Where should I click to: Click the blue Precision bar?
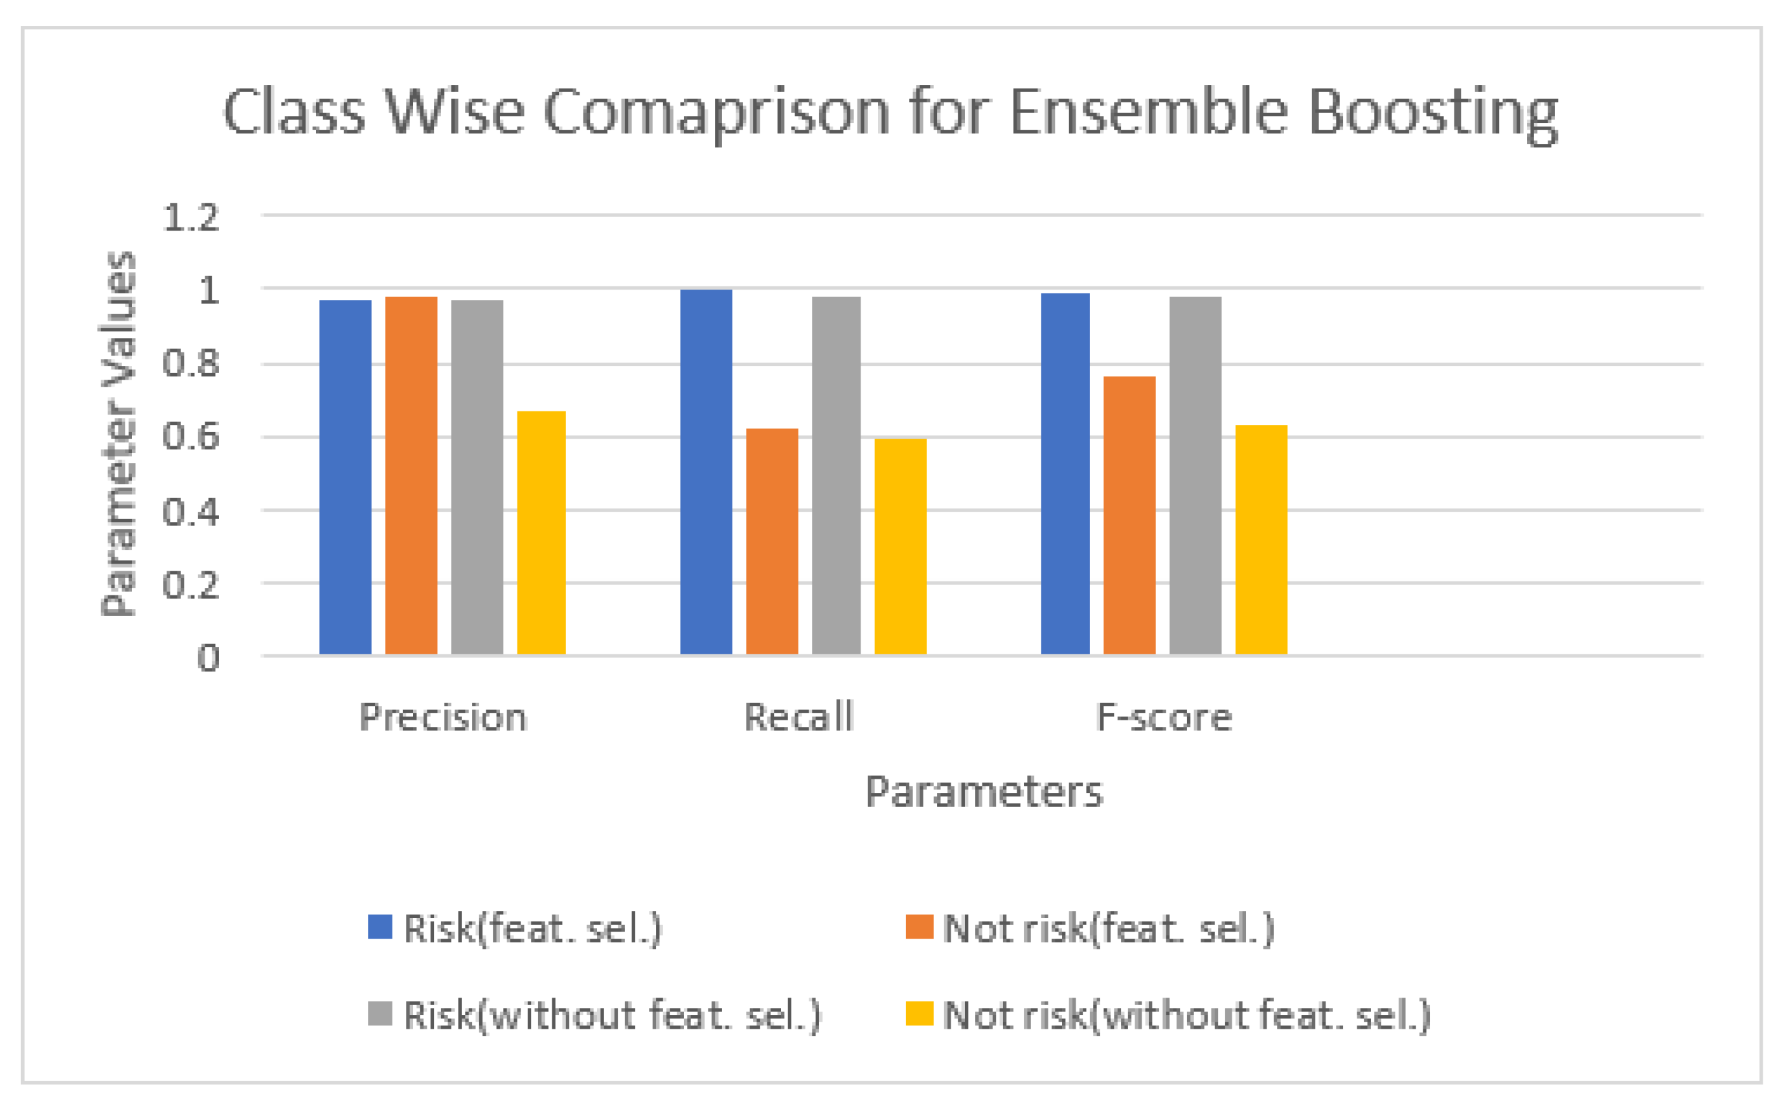[x=345, y=477]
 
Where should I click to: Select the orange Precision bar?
[x=411, y=475]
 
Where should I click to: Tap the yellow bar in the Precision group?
[x=541, y=533]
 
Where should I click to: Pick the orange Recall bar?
[x=772, y=542]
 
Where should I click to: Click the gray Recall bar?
[x=837, y=475]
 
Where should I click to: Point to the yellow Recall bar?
[x=900, y=547]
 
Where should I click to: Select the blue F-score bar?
[x=1065, y=474]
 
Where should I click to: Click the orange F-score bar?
[x=1129, y=515]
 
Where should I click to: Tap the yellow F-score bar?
[x=1261, y=540]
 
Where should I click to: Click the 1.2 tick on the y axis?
[x=191, y=218]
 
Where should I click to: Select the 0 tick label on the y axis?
[x=208, y=658]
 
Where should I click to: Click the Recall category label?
[x=799, y=717]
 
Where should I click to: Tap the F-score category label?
[x=1164, y=717]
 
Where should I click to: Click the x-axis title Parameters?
[x=984, y=792]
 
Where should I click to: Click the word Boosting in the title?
[x=1433, y=113]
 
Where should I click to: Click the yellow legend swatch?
[x=919, y=1014]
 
